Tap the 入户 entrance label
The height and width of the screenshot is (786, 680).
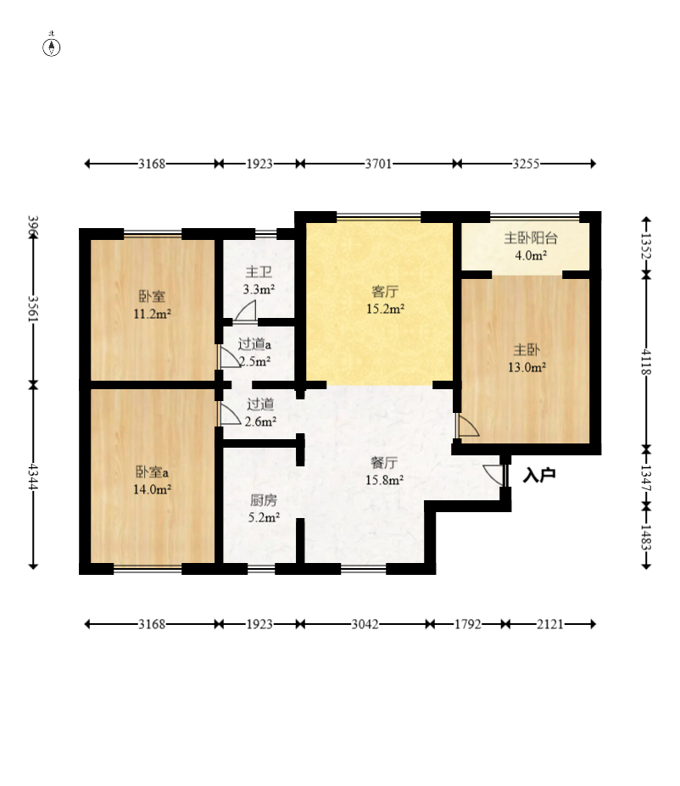click(539, 475)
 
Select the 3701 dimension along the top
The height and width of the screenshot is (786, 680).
click(378, 164)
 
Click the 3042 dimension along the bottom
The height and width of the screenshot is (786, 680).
click(365, 624)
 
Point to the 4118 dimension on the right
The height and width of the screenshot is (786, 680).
click(646, 362)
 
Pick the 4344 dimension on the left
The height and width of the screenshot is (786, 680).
click(33, 477)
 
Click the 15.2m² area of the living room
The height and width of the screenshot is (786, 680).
click(385, 309)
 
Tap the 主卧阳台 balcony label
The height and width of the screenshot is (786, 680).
click(531, 238)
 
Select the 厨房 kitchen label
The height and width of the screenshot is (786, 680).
click(264, 499)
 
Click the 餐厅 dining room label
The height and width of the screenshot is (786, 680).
click(384, 462)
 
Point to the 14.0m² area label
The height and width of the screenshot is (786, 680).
click(153, 489)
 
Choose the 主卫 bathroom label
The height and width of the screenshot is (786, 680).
click(259, 272)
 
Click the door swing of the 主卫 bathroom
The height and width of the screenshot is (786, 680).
click(246, 311)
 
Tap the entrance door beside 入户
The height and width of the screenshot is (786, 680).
click(495, 475)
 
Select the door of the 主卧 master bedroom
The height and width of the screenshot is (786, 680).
click(468, 426)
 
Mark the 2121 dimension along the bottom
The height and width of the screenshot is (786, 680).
click(550, 624)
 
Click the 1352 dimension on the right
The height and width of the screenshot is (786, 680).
click(646, 246)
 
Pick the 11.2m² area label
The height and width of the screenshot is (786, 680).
click(153, 315)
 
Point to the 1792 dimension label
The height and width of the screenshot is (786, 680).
click(467, 624)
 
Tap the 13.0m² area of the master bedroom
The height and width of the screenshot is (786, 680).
click(527, 367)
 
